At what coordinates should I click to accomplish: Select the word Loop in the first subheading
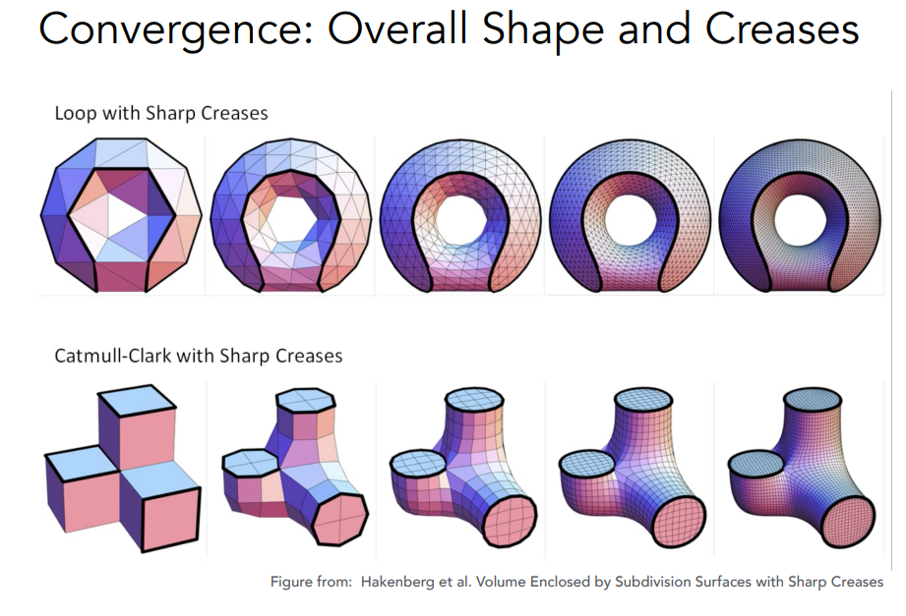[75, 113]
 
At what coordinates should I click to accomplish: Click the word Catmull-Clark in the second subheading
[116, 355]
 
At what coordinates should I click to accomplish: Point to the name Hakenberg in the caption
[407, 582]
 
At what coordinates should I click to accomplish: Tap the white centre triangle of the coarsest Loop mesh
[122, 213]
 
